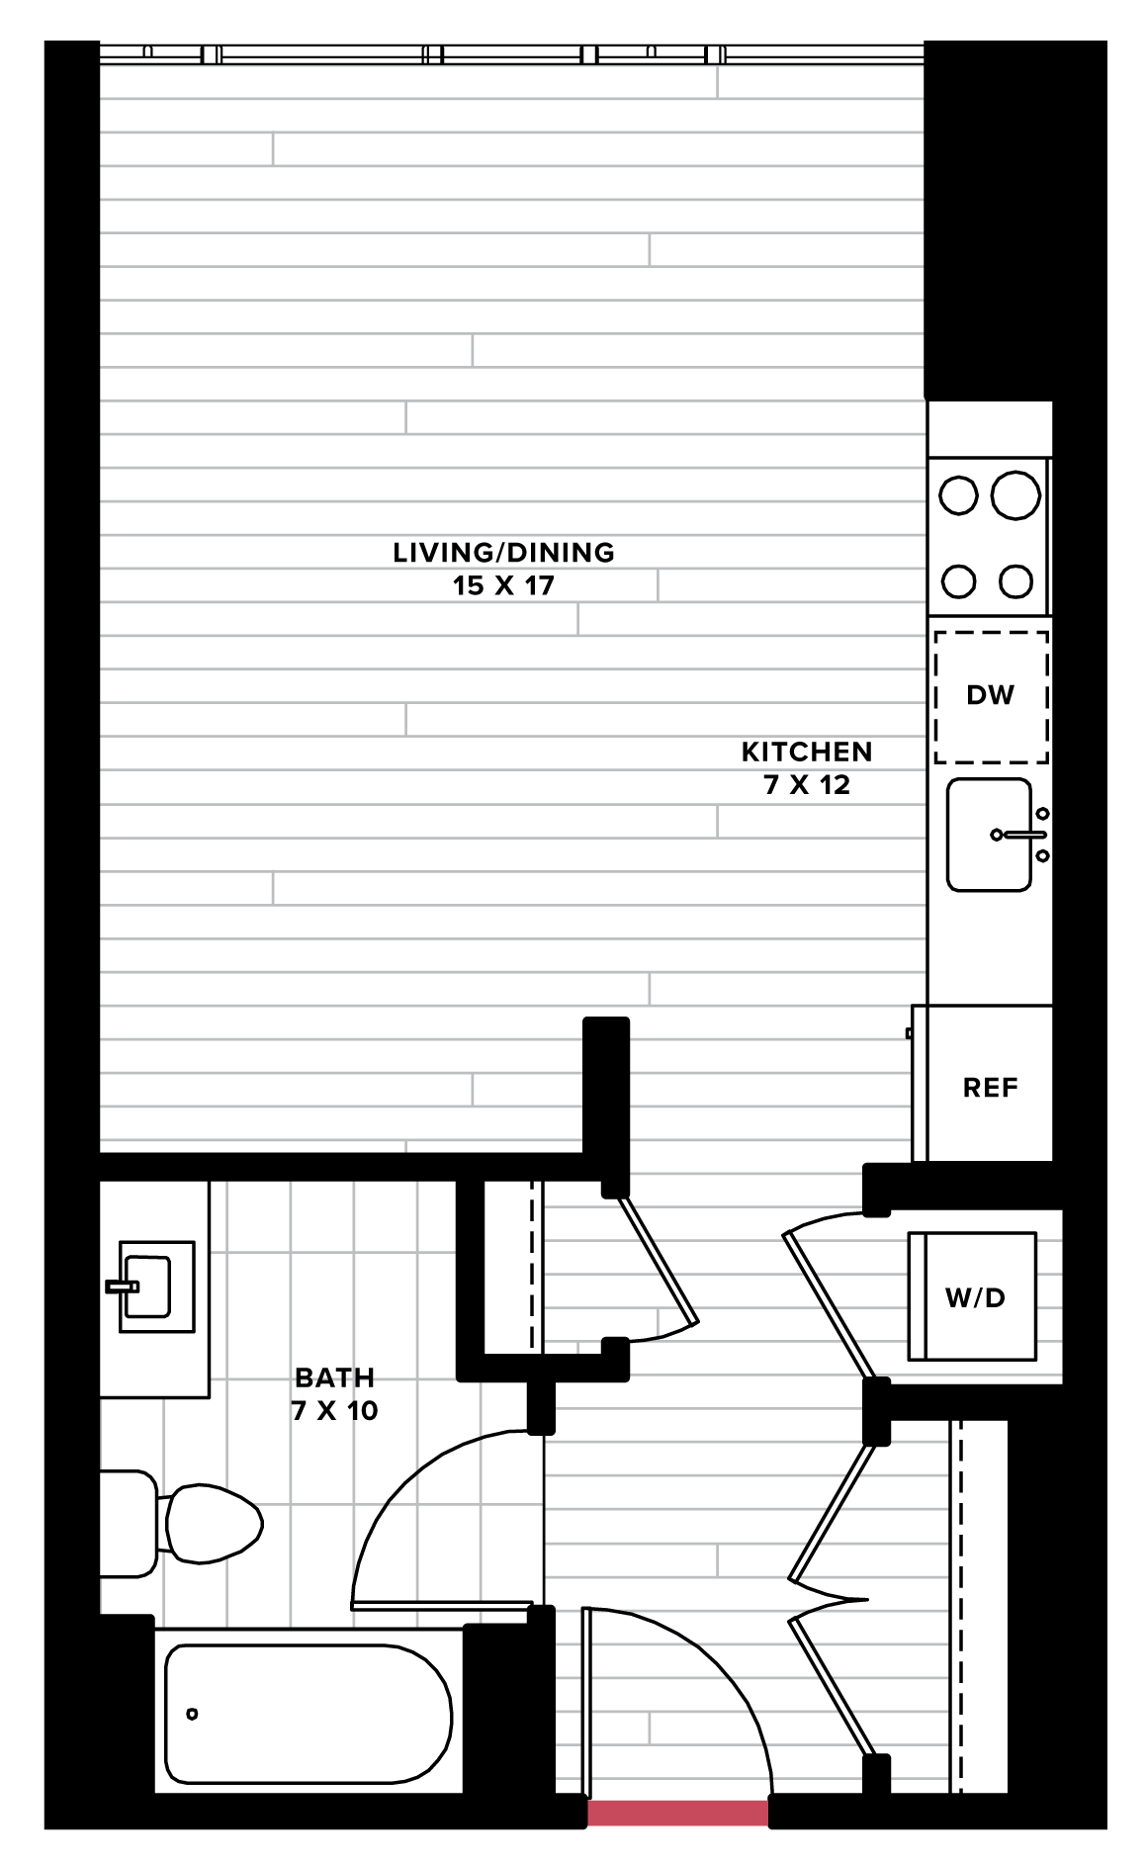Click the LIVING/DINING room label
[503, 553]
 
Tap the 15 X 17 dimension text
[503, 585]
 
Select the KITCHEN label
[807, 753]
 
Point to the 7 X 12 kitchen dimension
[807, 785]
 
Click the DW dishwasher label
[990, 695]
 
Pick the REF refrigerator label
[990, 1088]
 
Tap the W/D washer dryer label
[975, 1297]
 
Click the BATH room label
[334, 1377]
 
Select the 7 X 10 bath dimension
[334, 1411]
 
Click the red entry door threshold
[678, 1813]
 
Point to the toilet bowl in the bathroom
[212, 1524]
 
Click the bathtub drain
[192, 1714]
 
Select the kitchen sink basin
[989, 835]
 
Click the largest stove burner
[1015, 495]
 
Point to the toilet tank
[129, 1524]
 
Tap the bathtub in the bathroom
[309, 1714]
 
